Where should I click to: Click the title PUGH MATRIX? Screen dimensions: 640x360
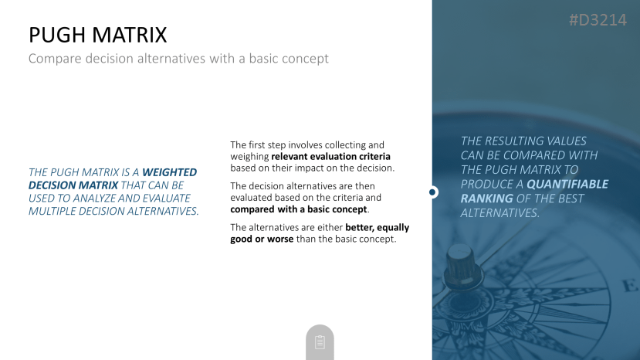tap(98, 35)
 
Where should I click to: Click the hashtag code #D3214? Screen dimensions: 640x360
tap(598, 20)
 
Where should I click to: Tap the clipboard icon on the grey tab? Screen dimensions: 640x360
tap(320, 342)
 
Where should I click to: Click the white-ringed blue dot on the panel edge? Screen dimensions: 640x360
tap(432, 192)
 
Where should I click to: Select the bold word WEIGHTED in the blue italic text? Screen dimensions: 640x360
tap(169, 172)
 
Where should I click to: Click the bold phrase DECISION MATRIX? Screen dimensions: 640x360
tap(73, 185)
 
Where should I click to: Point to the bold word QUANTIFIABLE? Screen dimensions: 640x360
tap(567, 185)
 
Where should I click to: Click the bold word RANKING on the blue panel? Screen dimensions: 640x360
tap(486, 199)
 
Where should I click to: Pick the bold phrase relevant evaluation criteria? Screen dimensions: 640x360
tap(330, 157)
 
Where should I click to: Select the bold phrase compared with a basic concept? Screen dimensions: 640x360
tap(299, 209)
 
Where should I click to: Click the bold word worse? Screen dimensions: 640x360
tap(280, 239)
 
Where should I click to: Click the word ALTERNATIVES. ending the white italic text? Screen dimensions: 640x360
tap(500, 213)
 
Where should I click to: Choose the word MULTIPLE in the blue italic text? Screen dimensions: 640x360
tap(52, 211)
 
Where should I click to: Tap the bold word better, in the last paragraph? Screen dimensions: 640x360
tap(360, 227)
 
